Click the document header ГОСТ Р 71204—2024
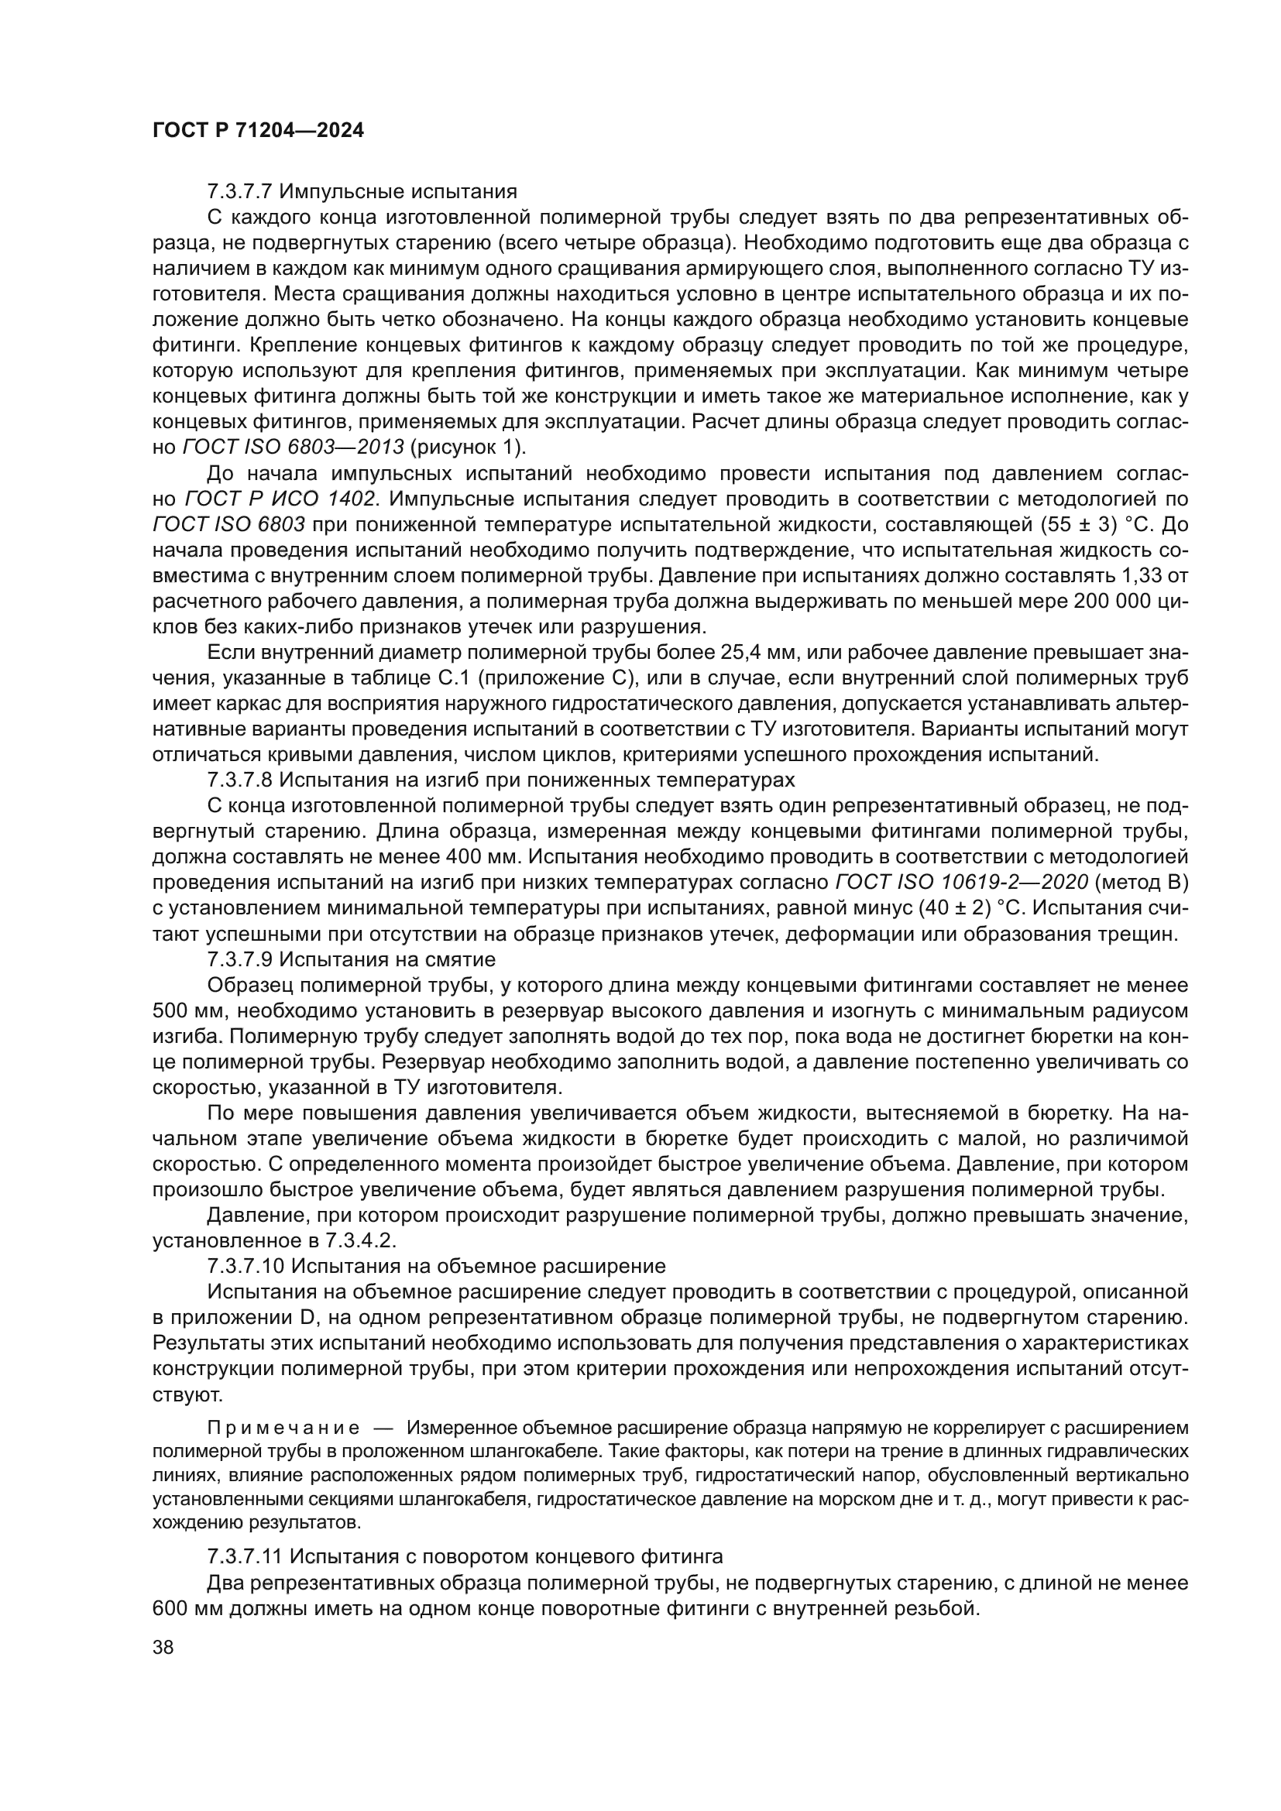pos(258,131)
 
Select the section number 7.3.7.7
pos(240,192)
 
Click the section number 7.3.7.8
pos(240,780)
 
